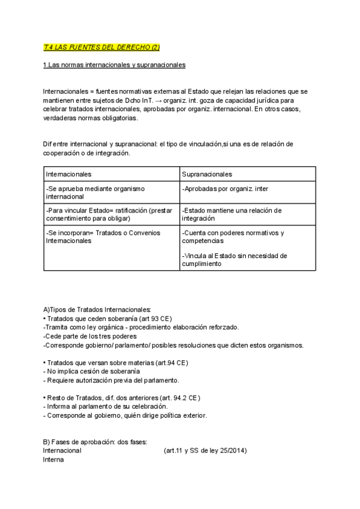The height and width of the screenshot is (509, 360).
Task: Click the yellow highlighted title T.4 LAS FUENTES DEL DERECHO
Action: click(x=101, y=47)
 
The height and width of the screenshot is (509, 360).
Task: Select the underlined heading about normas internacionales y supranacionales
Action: click(x=114, y=65)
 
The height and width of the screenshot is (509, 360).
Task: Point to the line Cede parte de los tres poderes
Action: click(x=90, y=336)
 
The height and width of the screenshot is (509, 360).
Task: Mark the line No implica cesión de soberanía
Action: click(x=88, y=372)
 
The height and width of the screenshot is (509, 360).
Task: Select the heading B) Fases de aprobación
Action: click(x=91, y=442)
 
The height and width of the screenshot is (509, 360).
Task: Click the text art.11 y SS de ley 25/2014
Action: click(x=205, y=451)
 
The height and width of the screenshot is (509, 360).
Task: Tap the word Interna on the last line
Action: click(x=53, y=460)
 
